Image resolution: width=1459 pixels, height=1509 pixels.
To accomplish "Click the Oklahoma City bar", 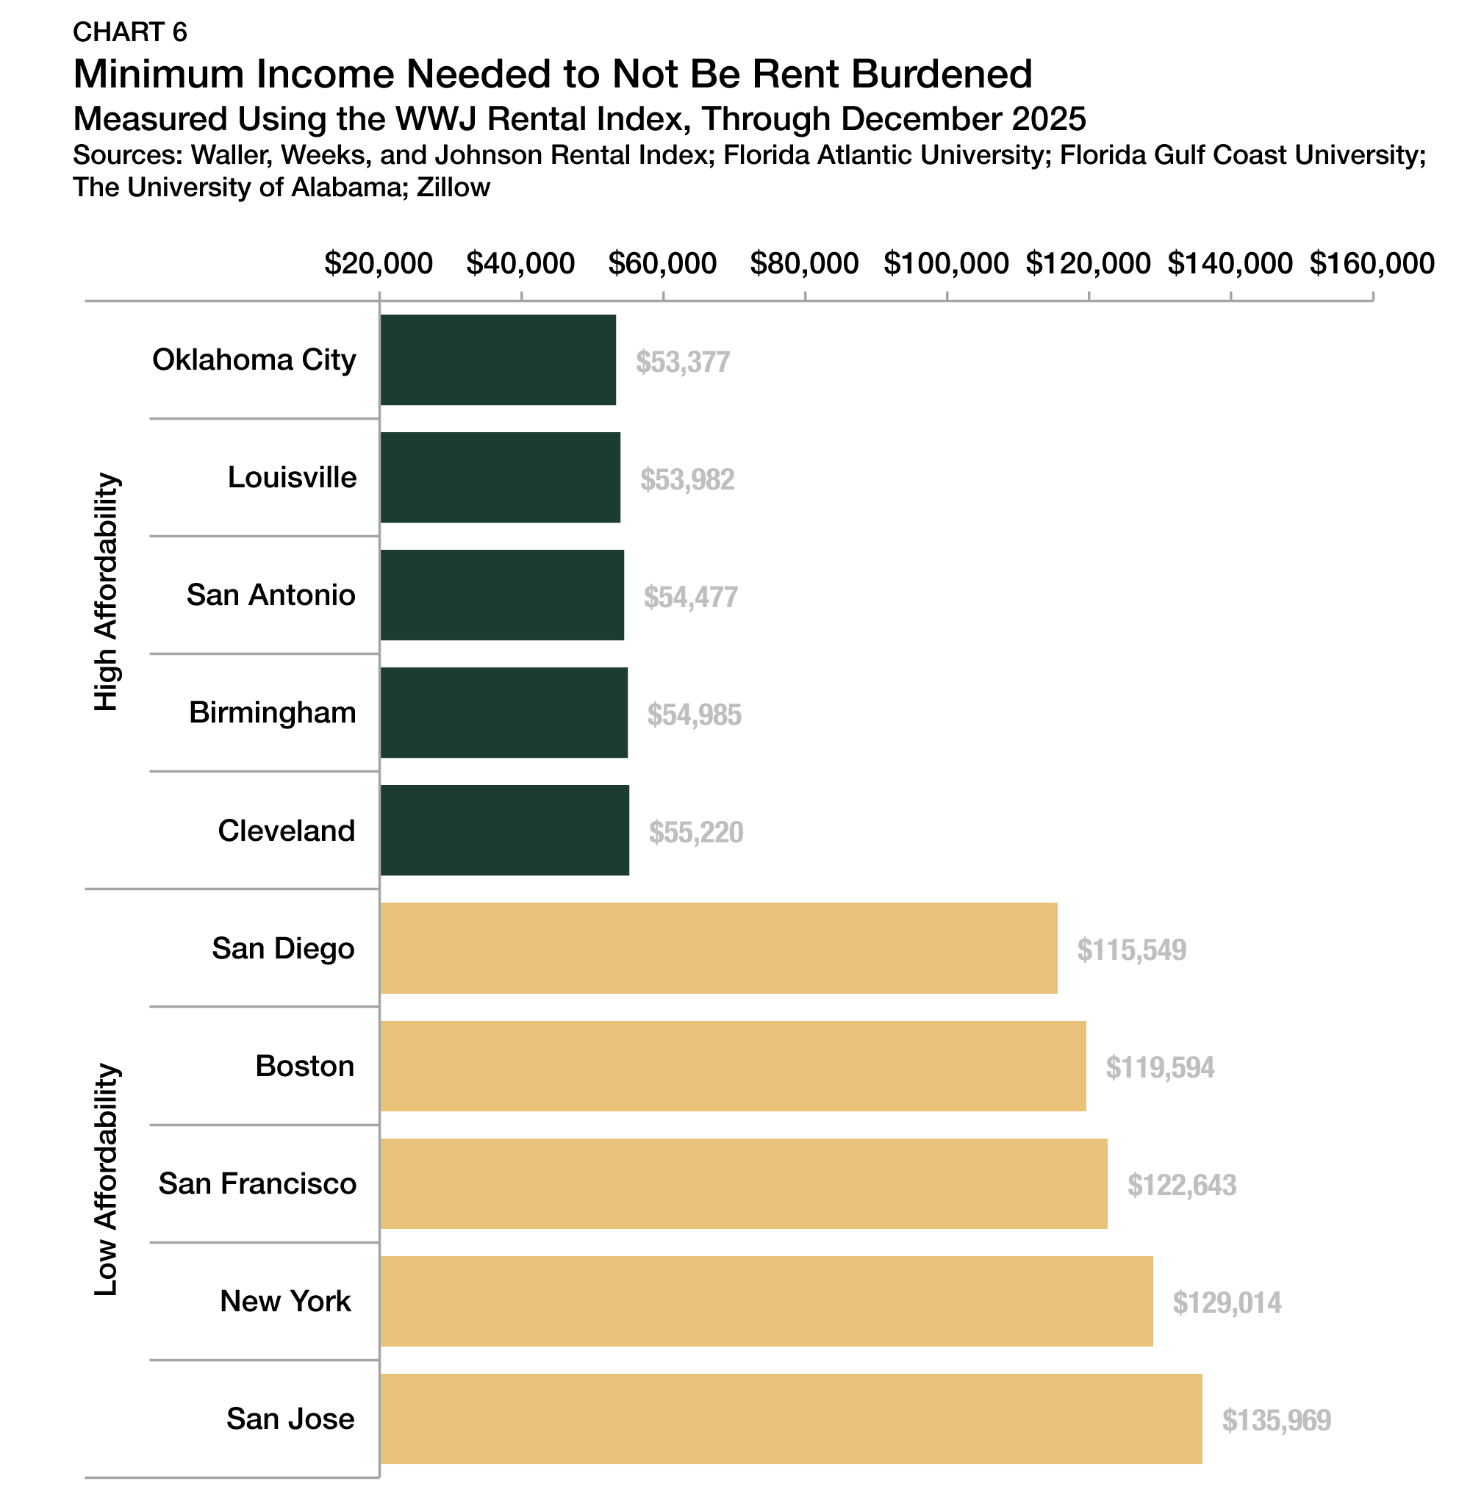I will point(498,359).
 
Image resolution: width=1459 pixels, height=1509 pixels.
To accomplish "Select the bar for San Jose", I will point(791,1418).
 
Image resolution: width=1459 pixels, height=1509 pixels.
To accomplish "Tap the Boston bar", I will point(732,1066).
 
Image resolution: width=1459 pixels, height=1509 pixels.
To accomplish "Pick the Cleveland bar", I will point(504,830).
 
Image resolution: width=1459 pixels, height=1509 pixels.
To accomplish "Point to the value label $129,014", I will point(1227,1302).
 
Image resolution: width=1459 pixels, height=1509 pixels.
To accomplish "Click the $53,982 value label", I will point(687,480).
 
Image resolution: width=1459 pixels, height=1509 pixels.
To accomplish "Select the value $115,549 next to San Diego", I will point(1131,950).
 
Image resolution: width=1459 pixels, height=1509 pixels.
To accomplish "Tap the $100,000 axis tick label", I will point(945,263).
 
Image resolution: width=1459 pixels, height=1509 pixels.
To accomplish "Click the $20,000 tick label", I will point(378,263).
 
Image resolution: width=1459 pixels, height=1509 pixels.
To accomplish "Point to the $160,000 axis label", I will point(1372,263).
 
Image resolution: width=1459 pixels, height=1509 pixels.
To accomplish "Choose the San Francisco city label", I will point(257,1183).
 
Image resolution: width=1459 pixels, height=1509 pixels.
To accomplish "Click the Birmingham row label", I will point(273,713).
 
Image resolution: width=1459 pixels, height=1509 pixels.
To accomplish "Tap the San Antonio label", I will point(271,595).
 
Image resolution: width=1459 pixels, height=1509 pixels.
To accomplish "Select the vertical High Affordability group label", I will point(107,591).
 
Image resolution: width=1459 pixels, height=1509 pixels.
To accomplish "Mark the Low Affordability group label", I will point(107,1180).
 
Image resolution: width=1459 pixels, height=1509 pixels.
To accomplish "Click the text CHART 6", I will point(130,32).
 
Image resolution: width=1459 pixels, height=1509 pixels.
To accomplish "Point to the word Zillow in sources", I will point(453,187).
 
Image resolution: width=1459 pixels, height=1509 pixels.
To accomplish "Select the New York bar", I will point(766,1301).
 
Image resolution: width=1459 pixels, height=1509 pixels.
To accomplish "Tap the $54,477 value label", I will point(691,598).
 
